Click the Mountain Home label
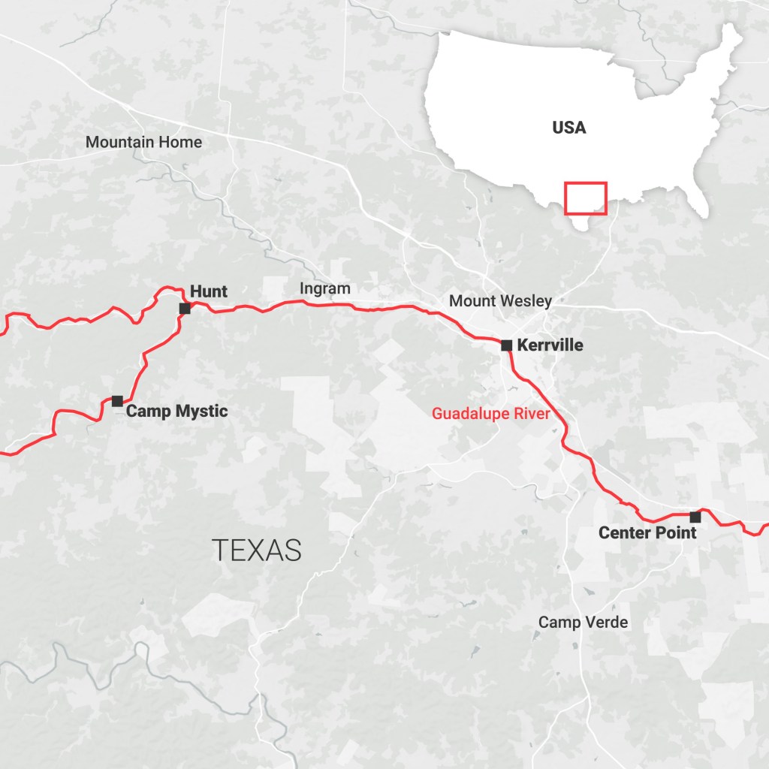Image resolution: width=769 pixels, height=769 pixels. [143, 141]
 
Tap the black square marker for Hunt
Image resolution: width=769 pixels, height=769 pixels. [185, 309]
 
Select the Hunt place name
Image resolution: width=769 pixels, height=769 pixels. [209, 291]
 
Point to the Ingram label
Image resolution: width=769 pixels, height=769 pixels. [325, 288]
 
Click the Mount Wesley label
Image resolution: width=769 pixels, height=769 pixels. [500, 301]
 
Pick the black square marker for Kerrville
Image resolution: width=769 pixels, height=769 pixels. [507, 345]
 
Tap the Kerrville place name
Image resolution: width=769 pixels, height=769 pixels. [550, 345]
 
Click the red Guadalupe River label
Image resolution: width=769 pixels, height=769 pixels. [490, 413]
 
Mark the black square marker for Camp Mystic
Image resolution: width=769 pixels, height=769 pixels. [117, 401]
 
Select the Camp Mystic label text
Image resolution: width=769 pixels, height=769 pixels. [176, 411]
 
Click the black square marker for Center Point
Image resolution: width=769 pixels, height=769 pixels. [695, 517]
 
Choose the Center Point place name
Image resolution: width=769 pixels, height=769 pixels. [647, 532]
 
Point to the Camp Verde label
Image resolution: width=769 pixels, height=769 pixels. [583, 622]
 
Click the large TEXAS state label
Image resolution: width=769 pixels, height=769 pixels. [256, 550]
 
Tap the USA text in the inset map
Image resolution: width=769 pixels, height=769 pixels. [569, 128]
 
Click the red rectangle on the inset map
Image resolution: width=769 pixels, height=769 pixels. [586, 198]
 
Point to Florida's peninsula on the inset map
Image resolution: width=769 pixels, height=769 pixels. [698, 201]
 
